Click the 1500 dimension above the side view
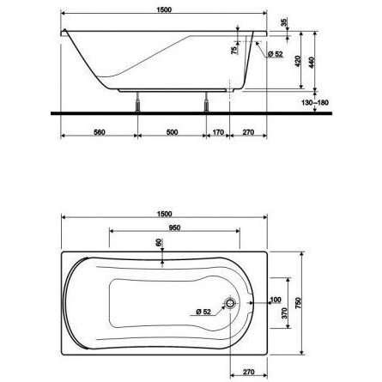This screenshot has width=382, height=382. point(164,9)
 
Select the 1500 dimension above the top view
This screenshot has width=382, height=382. point(165,214)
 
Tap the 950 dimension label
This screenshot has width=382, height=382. point(174,227)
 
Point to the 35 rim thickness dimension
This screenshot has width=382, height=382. point(283,22)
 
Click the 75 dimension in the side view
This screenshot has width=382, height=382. point(233,50)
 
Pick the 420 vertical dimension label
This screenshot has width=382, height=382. point(298,61)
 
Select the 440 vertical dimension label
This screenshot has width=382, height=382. point(312,63)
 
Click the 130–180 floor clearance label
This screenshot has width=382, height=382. point(315,102)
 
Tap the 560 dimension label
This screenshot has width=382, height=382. point(100,132)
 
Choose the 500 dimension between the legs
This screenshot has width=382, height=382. point(172,132)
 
